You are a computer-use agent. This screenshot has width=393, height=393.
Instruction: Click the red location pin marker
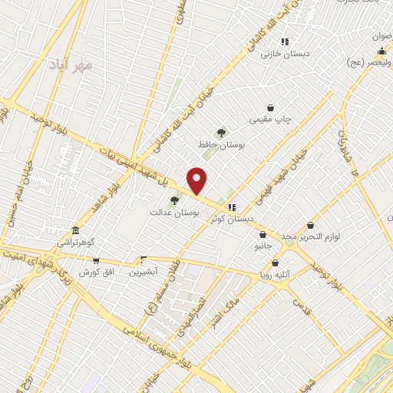pos(197,180)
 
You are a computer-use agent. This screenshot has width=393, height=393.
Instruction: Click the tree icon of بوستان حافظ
pos(222,132)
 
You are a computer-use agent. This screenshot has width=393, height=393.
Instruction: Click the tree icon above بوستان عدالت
pos(174,200)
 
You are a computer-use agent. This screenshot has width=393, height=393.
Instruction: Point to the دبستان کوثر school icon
pos(232,206)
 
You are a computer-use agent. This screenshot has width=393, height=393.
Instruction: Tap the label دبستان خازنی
pos(278,54)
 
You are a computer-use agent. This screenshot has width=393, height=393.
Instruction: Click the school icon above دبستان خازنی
pos(285,42)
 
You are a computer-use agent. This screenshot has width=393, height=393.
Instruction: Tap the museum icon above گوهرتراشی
pos(75,230)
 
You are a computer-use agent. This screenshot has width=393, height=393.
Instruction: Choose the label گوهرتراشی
pos(75,243)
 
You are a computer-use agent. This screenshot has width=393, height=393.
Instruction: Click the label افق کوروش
pos(96,272)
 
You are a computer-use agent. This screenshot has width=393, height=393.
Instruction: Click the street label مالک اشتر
pos(225,306)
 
